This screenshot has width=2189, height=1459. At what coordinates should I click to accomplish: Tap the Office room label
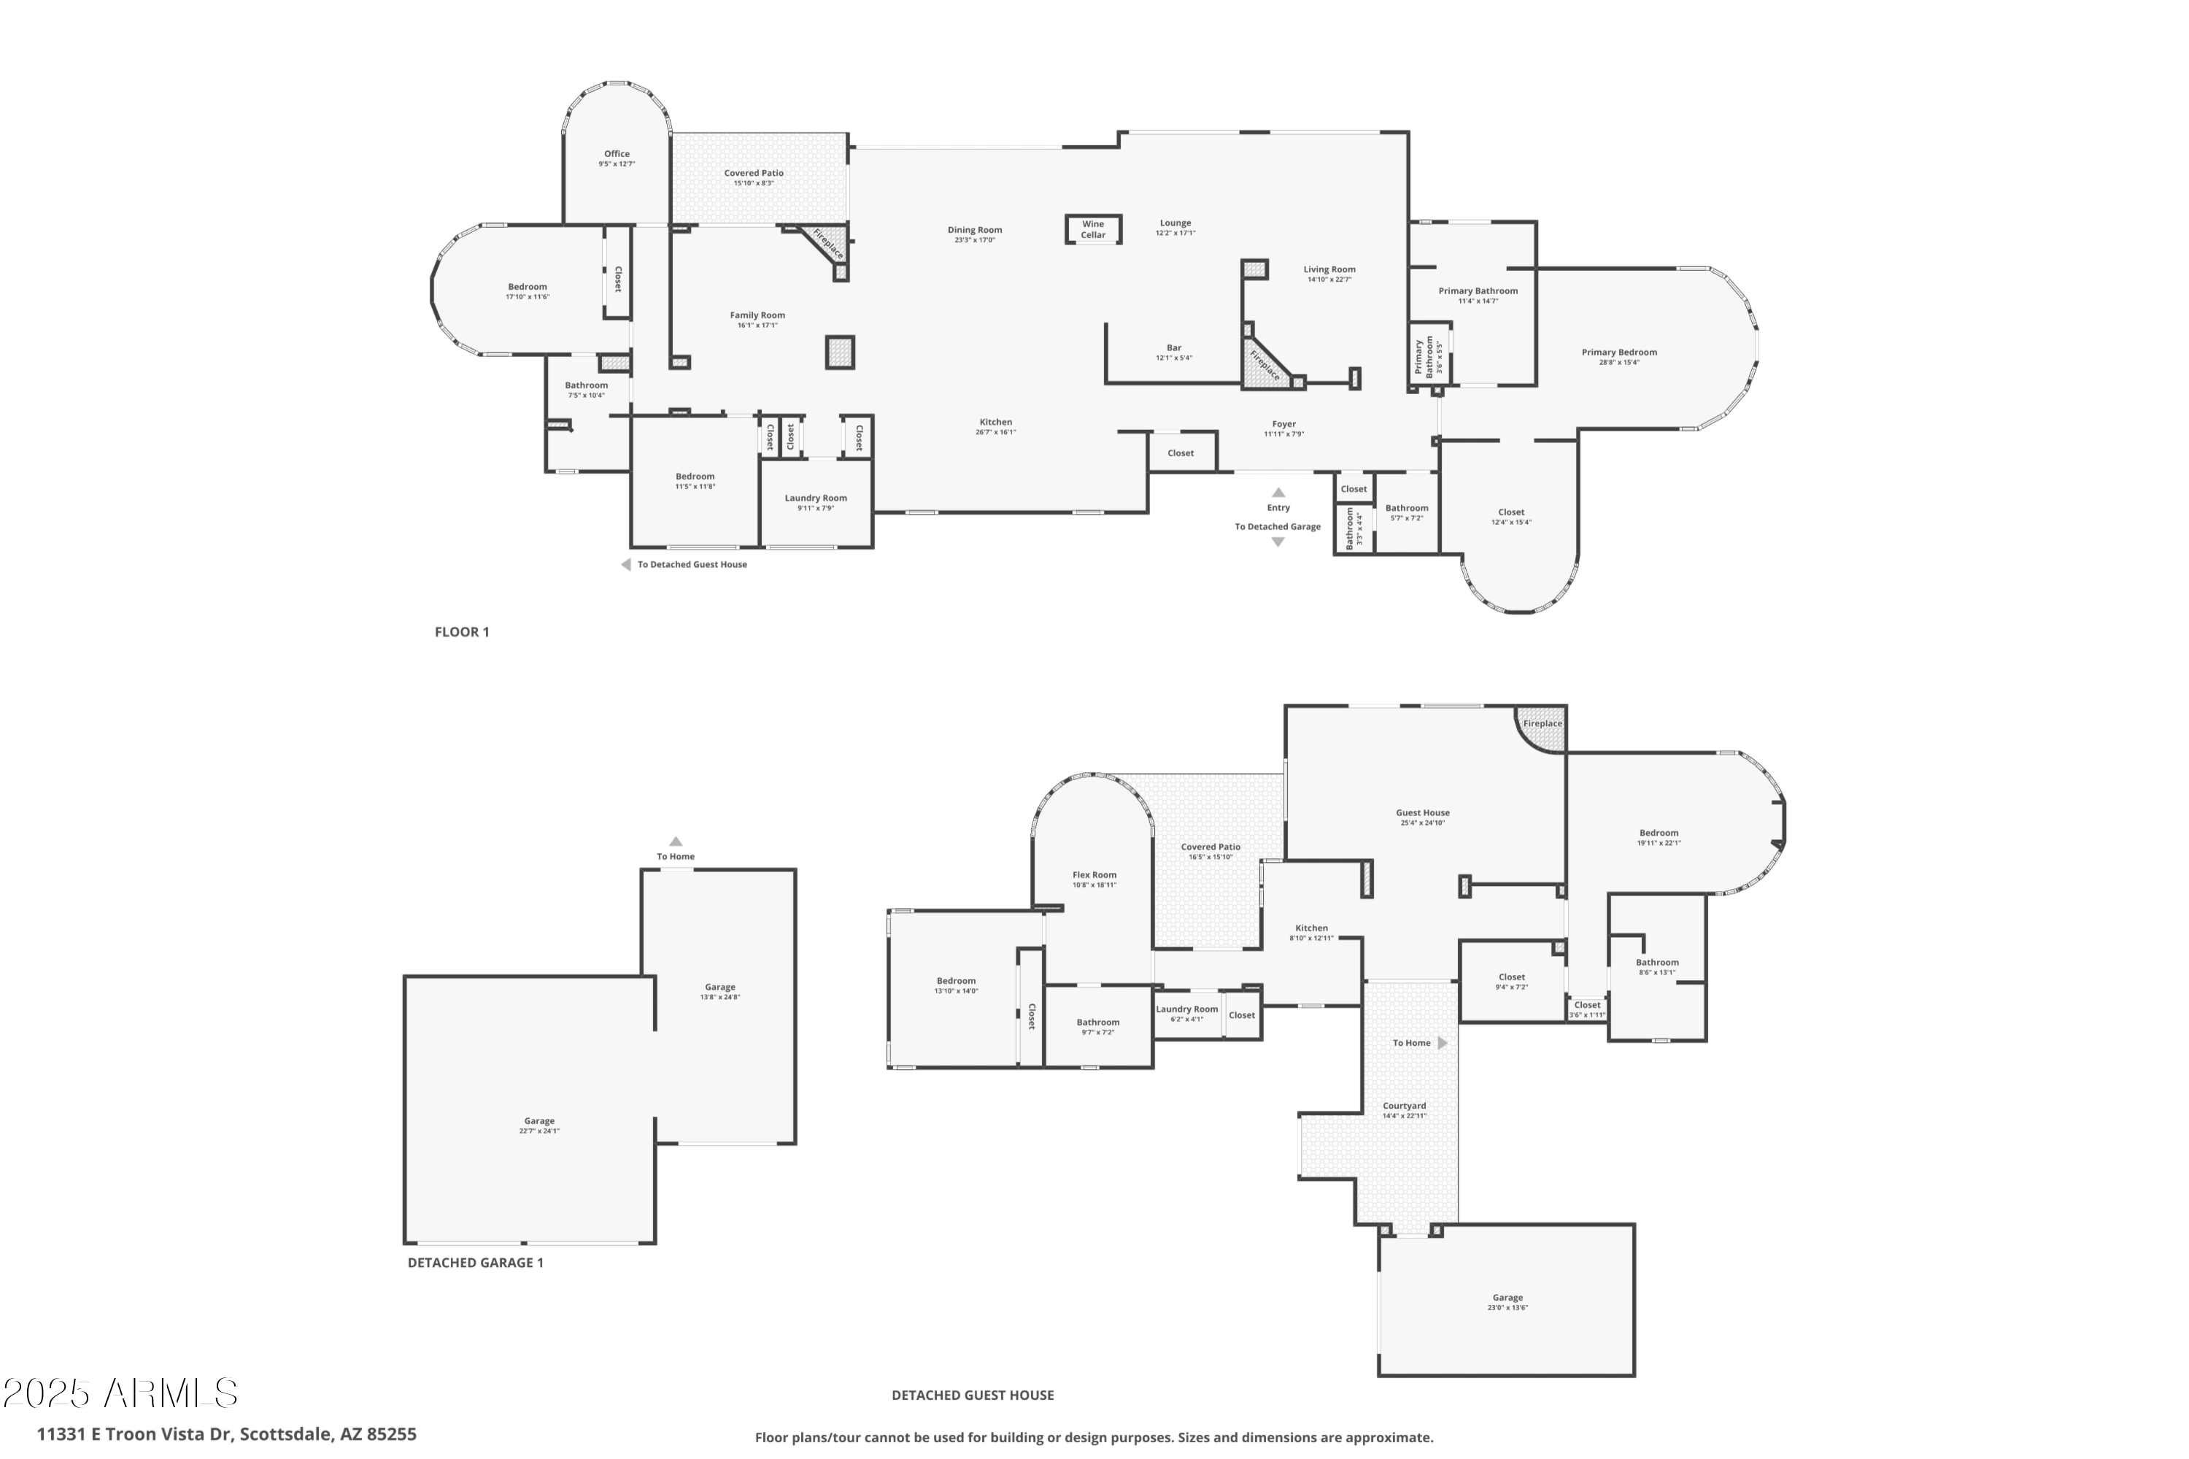coord(616,153)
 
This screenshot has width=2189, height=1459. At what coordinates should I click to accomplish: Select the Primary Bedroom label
coord(1618,352)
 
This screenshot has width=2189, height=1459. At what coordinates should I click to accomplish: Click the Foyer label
coord(1283,423)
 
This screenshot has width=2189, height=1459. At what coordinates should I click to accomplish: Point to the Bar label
coord(1173,348)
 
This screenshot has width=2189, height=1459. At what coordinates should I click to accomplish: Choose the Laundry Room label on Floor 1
coord(815,498)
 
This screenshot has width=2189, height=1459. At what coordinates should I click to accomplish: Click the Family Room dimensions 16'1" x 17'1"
coord(757,326)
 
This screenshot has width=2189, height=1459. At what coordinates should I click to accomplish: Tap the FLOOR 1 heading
coord(461,632)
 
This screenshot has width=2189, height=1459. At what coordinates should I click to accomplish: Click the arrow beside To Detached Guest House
coord(625,565)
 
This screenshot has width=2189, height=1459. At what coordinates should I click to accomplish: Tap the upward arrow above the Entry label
coord(1278,492)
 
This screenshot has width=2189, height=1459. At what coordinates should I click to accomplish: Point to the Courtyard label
coord(1403,1106)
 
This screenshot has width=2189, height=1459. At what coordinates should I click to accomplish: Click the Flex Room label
coord(1093,874)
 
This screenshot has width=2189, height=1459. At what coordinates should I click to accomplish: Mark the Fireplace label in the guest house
coord(1542,723)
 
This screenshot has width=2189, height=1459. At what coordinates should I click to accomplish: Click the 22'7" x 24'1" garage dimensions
coord(538,1131)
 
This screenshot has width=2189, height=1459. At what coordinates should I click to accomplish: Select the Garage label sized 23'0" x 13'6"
coord(1507,1297)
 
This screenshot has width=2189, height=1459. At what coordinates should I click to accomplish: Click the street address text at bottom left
coord(226,1434)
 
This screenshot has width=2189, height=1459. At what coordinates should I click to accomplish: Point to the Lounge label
coord(1174,223)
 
